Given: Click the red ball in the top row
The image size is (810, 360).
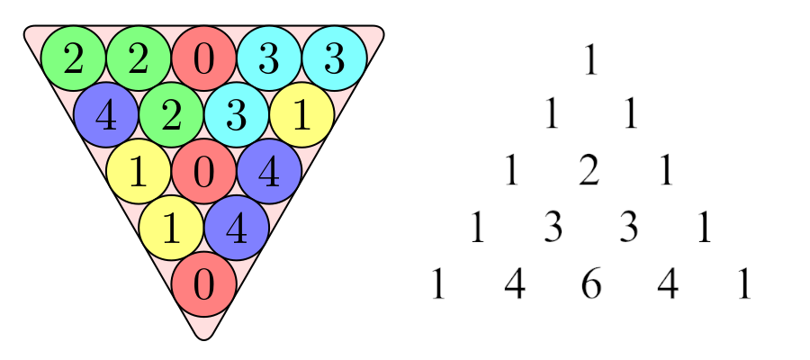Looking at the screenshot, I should (x=203, y=58).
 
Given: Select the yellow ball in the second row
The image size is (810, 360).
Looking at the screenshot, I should (x=301, y=115).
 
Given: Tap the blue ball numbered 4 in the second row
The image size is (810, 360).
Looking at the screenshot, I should (x=106, y=115).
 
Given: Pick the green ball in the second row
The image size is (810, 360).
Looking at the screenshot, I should (x=171, y=115).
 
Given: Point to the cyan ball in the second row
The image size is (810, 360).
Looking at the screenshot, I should (x=236, y=115).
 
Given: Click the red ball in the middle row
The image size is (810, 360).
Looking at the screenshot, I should (x=203, y=171).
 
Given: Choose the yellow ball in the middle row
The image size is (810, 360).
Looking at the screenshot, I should (x=139, y=171).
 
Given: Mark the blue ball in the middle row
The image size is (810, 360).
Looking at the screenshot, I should (x=268, y=171).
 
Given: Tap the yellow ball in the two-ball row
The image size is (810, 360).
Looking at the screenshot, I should (x=171, y=228).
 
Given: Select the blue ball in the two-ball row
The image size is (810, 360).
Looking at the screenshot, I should (x=236, y=228).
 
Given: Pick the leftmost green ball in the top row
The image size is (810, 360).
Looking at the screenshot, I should (x=74, y=58).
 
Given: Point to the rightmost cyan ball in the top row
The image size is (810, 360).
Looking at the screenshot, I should (x=334, y=58).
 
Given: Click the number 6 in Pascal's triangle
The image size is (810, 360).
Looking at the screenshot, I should (x=590, y=285).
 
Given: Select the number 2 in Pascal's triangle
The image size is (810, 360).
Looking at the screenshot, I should (x=589, y=172).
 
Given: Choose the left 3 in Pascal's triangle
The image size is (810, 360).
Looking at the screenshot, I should (x=553, y=229).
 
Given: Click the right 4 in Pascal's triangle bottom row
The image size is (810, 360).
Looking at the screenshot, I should (x=667, y=285).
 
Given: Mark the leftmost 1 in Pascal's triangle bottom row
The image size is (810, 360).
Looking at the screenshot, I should (x=437, y=285).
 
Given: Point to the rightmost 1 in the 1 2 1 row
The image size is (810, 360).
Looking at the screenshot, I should (x=666, y=172).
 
